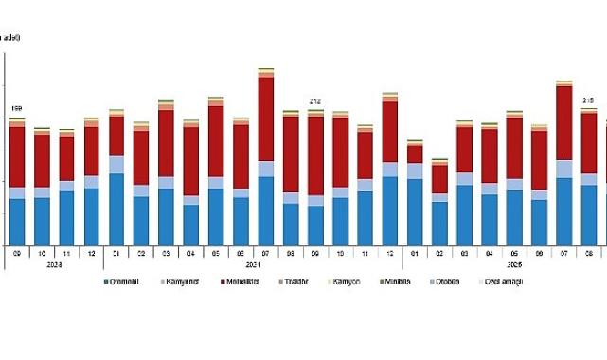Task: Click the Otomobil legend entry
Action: click(x=127, y=282)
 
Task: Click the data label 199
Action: click(x=16, y=110)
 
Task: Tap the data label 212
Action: click(x=316, y=101)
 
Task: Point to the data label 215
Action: click(x=587, y=100)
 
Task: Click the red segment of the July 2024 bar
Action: click(x=266, y=119)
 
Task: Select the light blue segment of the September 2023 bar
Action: click(x=17, y=193)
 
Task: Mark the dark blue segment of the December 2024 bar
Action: click(x=389, y=209)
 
